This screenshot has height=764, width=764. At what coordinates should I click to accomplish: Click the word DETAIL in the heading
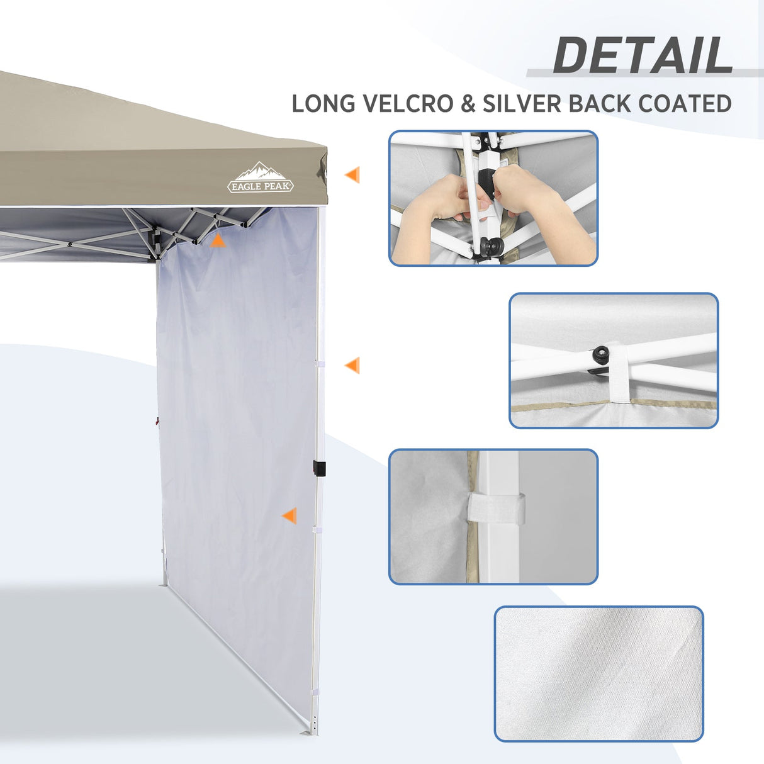click(643, 55)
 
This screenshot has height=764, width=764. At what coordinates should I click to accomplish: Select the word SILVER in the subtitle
click(522, 104)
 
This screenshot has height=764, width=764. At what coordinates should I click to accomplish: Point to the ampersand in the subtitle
click(468, 104)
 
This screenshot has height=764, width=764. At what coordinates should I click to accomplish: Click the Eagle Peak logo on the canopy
click(261, 178)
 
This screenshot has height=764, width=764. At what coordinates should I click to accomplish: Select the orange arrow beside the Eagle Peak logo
click(352, 175)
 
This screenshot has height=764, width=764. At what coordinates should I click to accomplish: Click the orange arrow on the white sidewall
click(289, 516)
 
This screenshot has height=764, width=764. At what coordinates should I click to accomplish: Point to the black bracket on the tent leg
click(319, 469)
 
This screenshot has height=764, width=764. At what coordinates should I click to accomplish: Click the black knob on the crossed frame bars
click(600, 354)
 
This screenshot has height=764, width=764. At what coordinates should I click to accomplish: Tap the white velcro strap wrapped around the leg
click(496, 508)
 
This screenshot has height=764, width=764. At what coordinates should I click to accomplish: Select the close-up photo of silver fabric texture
click(598, 673)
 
